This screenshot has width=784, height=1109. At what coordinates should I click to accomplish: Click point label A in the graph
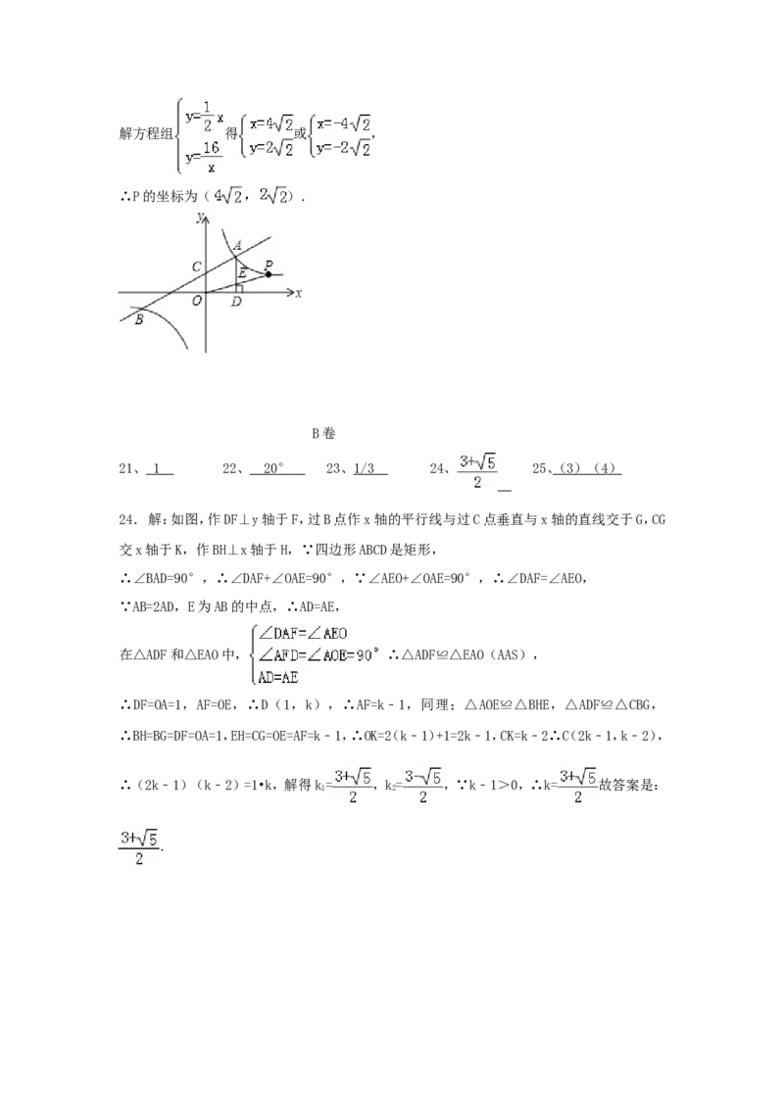coord(238,246)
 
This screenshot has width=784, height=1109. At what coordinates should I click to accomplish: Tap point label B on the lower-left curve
coord(139,319)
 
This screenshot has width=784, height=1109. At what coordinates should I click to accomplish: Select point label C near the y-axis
coord(197,267)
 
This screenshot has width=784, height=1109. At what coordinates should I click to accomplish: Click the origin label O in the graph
coord(197,301)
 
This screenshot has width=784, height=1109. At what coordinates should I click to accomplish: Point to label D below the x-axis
coord(236,302)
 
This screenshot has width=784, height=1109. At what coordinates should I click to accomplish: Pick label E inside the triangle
coord(242,272)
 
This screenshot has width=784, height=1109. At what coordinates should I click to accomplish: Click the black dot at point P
coord(269,274)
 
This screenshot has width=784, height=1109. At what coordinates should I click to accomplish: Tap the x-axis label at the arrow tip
coord(299,293)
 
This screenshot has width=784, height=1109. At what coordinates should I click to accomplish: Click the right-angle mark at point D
coord(239,288)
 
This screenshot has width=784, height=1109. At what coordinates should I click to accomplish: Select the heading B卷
coord(323,434)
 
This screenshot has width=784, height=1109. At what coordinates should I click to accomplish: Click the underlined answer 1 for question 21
coord(159,468)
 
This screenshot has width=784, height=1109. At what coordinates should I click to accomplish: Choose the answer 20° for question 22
coord(276,468)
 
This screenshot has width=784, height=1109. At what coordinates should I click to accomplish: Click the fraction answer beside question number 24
coord(477,472)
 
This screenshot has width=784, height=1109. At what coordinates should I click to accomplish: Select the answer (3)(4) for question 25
coord(587,468)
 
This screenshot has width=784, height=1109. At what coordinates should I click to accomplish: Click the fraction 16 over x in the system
coord(211,157)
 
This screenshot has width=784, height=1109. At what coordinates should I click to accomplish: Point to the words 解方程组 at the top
coord(146,133)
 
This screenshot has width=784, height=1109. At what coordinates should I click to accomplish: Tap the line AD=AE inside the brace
coord(278,678)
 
